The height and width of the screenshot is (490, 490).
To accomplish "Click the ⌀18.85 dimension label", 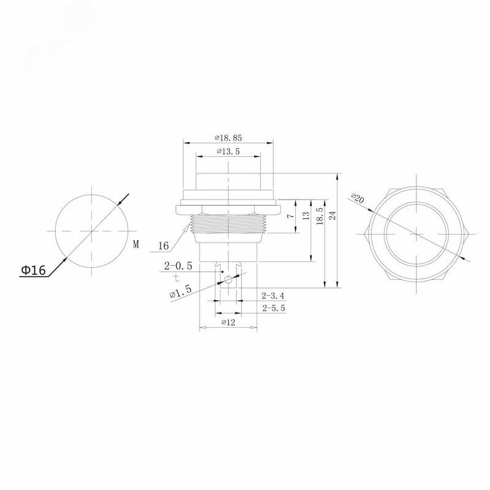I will (228, 138).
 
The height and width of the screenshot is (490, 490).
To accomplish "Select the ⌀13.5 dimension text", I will (227, 151).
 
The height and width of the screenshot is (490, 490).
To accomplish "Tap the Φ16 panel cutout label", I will (33, 270).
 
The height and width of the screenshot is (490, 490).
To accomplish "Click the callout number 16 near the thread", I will (163, 246).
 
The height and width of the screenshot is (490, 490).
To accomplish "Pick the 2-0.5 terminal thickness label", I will (178, 266).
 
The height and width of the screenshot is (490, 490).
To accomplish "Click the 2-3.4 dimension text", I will (273, 296).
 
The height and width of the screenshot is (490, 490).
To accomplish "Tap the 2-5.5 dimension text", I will (273, 309).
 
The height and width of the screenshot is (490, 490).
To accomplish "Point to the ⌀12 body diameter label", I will (227, 322).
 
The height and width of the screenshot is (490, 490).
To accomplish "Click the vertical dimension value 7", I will (290, 216).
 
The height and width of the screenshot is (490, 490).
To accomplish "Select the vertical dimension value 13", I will (306, 216).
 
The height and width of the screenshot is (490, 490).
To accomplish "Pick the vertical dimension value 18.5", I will (319, 216).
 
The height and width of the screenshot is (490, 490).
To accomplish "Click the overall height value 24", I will (333, 216).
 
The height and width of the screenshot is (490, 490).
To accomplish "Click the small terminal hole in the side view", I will (228, 280).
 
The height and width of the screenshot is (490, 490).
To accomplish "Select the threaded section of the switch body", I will (228, 225).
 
